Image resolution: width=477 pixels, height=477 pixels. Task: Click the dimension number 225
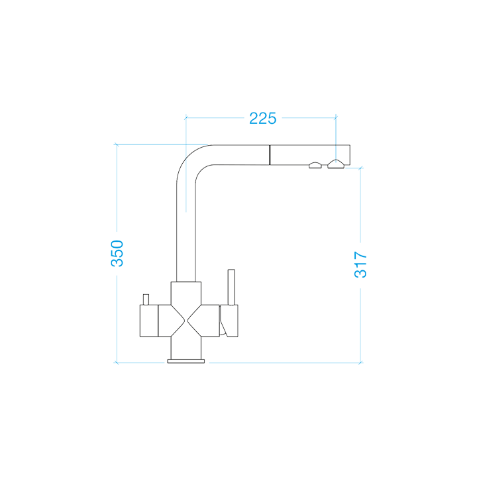(x=262, y=119)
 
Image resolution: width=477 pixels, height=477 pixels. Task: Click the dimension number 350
(x=117, y=253)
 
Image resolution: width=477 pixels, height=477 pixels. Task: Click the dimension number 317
(x=360, y=264)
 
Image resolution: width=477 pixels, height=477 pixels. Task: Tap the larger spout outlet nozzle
(x=336, y=164)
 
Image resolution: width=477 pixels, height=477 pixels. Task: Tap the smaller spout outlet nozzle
(x=315, y=165)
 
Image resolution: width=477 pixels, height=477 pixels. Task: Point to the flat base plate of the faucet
(x=187, y=360)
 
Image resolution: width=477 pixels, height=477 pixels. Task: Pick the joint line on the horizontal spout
(x=270, y=155)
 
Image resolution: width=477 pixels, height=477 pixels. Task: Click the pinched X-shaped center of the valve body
(x=187, y=321)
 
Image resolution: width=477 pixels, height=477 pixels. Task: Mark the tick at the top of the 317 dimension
(x=360, y=168)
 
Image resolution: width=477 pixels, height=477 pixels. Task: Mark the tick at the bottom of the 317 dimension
(x=360, y=363)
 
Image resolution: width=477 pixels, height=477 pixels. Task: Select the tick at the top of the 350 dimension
(x=117, y=144)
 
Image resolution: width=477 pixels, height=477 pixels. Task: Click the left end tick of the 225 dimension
(x=186, y=119)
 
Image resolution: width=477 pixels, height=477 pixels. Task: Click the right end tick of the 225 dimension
(x=337, y=119)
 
